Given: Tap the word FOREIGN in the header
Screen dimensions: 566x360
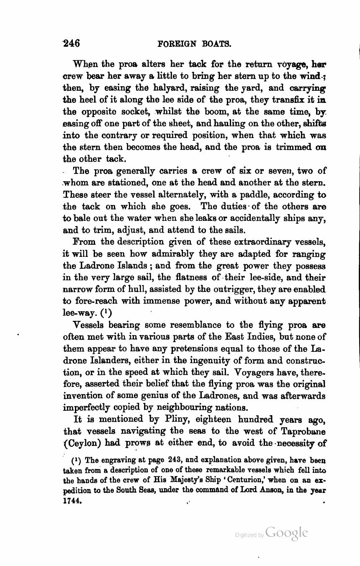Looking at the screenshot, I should (174, 44).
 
